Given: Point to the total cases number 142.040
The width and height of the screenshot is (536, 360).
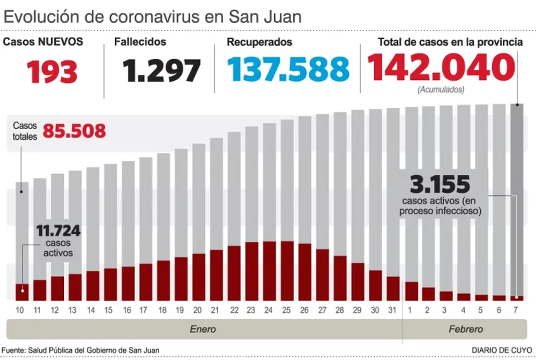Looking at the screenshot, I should [441, 68].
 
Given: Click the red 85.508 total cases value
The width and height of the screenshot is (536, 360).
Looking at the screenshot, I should [74, 131].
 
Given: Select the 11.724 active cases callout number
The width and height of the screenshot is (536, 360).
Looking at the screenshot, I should [58, 231].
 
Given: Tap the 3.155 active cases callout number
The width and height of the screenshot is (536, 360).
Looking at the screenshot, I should [440, 185].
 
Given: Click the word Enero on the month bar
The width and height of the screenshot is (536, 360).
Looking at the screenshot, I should [203, 329].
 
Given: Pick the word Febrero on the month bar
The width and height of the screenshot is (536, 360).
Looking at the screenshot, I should [466, 329].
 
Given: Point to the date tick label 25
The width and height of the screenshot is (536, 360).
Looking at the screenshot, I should [287, 310].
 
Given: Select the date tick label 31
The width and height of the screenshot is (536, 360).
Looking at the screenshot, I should [393, 310].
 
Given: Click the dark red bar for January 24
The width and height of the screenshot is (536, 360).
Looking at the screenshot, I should [269, 271].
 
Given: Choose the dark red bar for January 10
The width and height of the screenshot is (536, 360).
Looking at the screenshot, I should [21, 292].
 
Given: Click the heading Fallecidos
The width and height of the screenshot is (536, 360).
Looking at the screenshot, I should [140, 42].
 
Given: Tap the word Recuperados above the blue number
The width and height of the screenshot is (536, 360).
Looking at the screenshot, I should [259, 42].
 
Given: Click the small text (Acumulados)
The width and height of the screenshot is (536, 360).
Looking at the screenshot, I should [441, 90].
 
